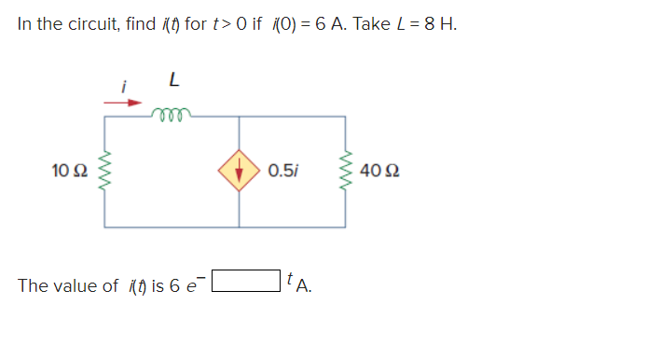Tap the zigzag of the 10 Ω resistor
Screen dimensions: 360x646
coord(104,172)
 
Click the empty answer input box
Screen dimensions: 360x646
coord(246,280)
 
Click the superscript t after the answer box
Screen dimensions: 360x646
coord(291,277)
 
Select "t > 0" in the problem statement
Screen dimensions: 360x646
coord(229,23)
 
